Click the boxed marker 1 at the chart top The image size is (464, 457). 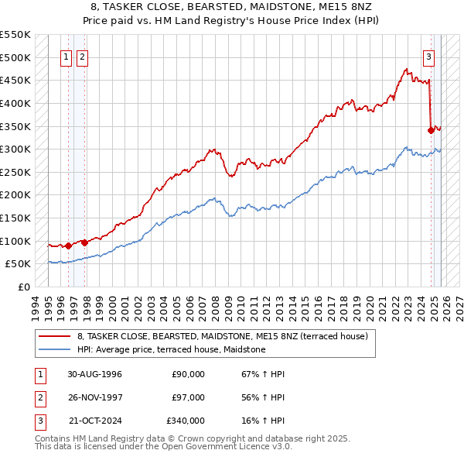point(67,56)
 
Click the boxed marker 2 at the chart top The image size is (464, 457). point(83,56)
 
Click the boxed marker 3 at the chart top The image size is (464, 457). point(428,56)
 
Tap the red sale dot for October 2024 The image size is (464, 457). point(431,130)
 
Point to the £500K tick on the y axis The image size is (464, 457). point(15,57)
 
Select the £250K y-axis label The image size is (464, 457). point(15,172)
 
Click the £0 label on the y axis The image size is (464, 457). point(23,287)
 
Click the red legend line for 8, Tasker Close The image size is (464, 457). point(54,336)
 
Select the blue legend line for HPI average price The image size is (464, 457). point(54,349)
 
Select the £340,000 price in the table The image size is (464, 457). point(186,421)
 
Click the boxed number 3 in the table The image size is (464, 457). point(39,421)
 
